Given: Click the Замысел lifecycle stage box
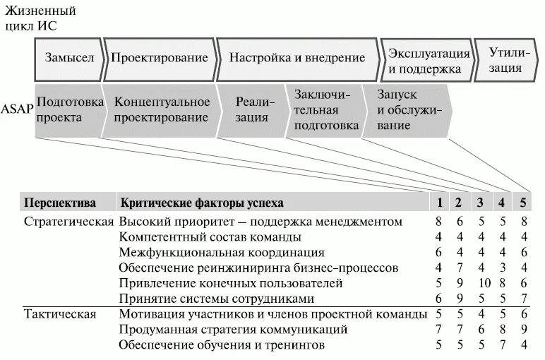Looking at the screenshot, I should pos(69,58).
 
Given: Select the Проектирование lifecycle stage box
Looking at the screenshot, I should pos(160,58).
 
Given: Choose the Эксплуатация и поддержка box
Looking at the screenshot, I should pos(429,61).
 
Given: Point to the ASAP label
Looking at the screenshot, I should pos(16,109).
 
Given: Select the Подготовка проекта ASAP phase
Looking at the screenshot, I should pos(67,109).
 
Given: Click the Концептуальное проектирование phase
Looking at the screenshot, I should pos(162,109).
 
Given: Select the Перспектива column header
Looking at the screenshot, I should pos(60,203).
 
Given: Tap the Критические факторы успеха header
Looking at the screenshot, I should pos(202,203).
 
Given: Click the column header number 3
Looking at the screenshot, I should pos(479,203).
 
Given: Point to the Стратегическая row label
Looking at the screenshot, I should pos(69,222).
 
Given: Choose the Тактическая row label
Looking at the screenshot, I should pos(60,314).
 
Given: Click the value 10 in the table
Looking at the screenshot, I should pos(483,283).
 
